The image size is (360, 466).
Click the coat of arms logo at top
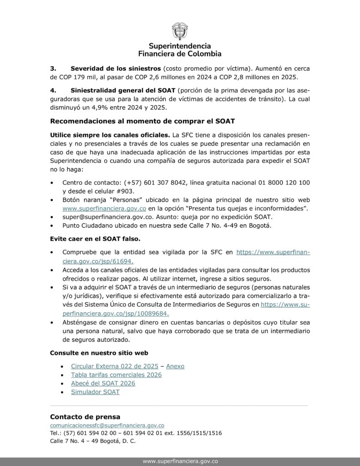pyautogui.click(x=180, y=31)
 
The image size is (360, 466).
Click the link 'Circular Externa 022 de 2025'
pyautogui.click(x=115, y=366)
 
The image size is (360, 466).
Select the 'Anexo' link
pyautogui.click(x=175, y=366)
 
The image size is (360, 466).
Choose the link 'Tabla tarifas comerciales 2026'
pyautogui.click(x=116, y=375)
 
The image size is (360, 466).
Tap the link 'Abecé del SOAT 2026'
pyautogui.click(x=103, y=383)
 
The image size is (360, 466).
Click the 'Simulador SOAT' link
pyautogui.click(x=95, y=392)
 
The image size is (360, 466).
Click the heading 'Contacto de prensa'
pyautogui.click(x=85, y=416)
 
